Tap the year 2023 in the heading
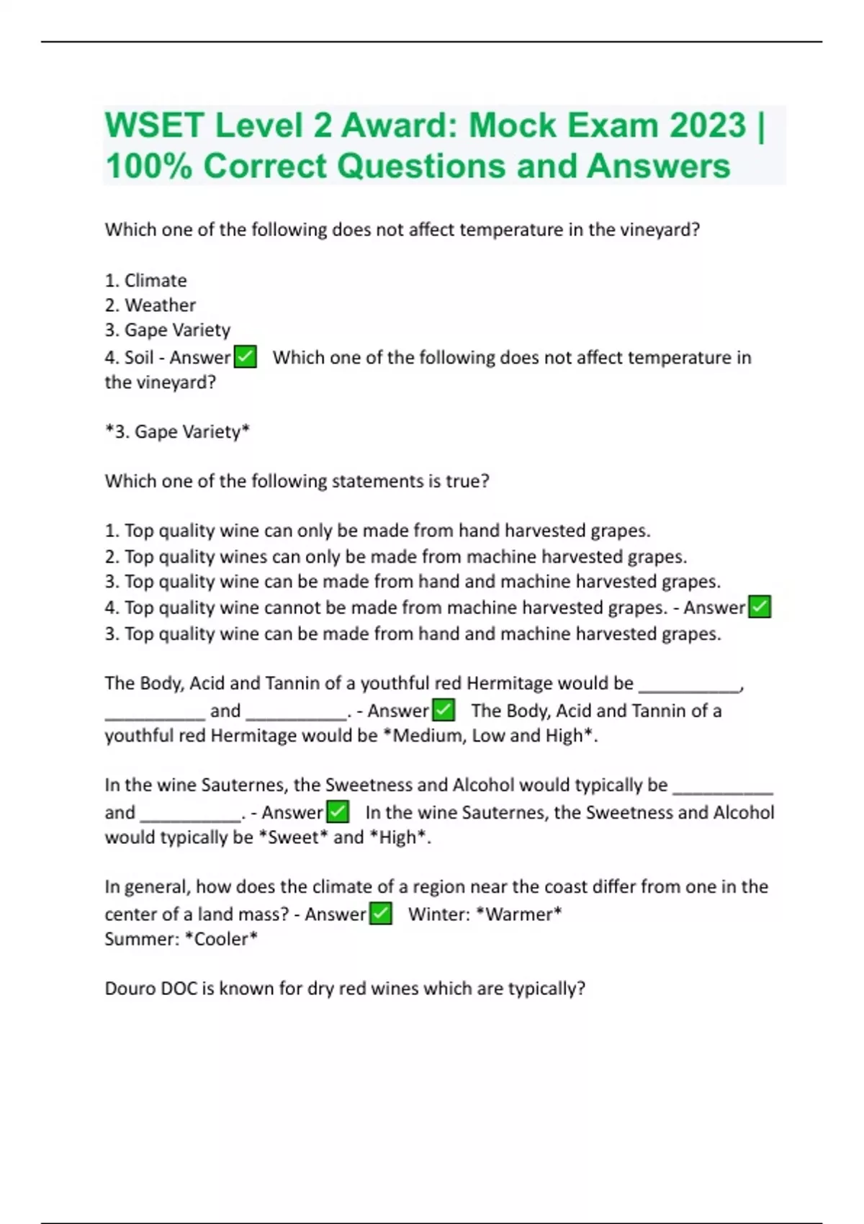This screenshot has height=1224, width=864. pos(707,125)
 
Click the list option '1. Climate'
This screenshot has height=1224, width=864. pos(145,280)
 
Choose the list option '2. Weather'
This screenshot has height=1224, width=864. pos(150,305)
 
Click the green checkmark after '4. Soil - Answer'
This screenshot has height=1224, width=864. pos(246,357)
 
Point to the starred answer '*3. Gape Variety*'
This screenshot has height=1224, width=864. pos(177,431)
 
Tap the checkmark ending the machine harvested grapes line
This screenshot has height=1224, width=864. pos(760,607)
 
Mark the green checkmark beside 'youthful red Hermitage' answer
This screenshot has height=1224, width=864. pos(444,711)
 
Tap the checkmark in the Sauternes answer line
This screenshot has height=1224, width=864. pos(338,812)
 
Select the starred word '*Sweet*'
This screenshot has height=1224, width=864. pos(292,837)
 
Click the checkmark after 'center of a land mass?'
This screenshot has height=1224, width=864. pos(380,914)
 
